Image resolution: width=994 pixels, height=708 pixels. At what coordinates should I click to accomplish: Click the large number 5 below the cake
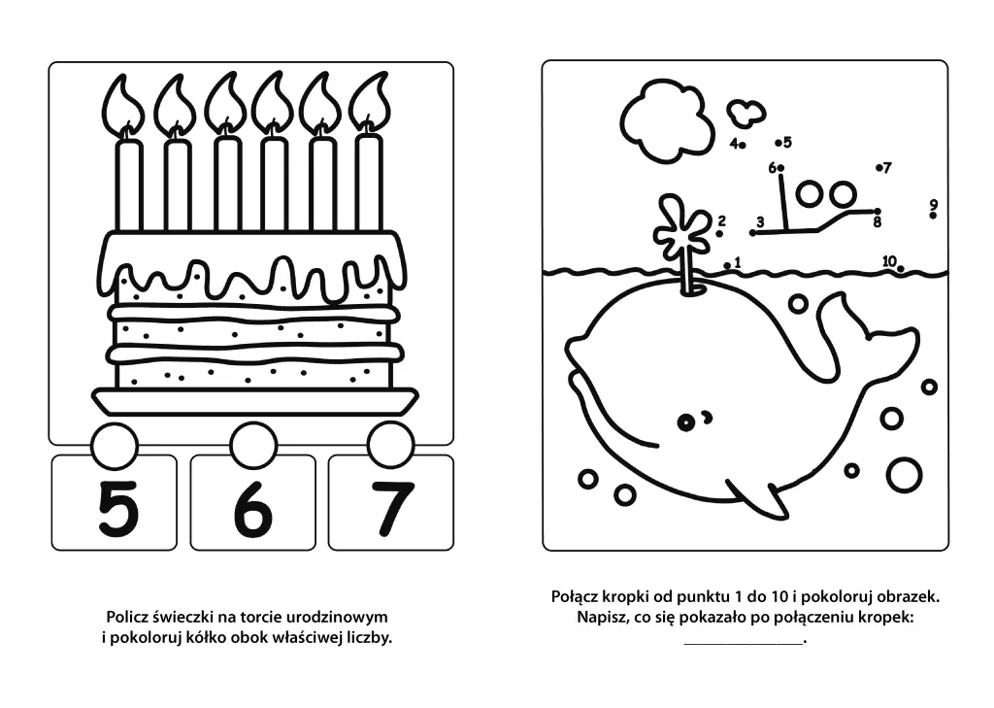(x=118, y=508)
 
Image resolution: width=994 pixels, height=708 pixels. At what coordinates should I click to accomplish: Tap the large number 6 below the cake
(x=253, y=508)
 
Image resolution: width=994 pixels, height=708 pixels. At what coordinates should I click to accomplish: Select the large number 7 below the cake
(x=392, y=508)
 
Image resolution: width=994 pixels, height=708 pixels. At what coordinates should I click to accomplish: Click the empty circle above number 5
(x=115, y=446)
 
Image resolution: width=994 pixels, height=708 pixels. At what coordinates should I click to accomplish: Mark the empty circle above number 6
(x=253, y=445)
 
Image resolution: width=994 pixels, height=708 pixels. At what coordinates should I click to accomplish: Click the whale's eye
(x=685, y=421)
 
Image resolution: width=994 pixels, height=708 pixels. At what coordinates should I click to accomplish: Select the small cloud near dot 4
(x=746, y=113)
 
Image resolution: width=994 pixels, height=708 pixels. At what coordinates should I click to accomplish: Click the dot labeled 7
(x=879, y=168)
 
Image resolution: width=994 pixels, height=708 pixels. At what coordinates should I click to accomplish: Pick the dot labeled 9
(x=933, y=216)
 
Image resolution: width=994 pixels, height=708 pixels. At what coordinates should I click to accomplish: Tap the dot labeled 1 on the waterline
(x=727, y=266)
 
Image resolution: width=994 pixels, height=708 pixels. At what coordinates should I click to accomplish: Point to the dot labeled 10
(x=900, y=269)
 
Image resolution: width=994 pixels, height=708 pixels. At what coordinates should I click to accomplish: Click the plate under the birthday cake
(x=255, y=401)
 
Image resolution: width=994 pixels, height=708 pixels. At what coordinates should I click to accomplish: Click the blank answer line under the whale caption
(x=744, y=644)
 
